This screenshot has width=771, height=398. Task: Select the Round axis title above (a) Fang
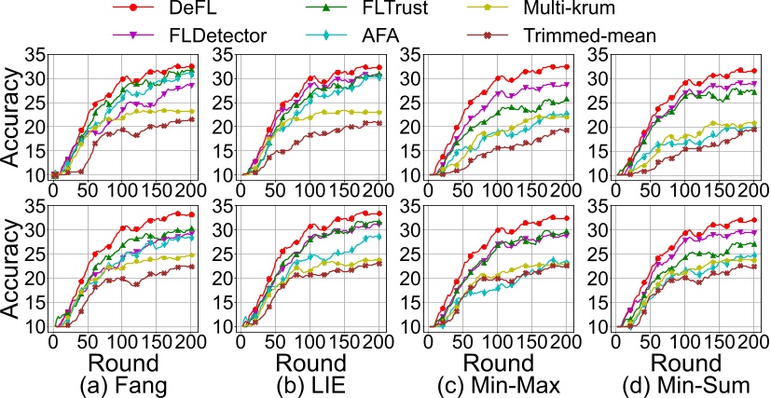coord(125,364)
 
